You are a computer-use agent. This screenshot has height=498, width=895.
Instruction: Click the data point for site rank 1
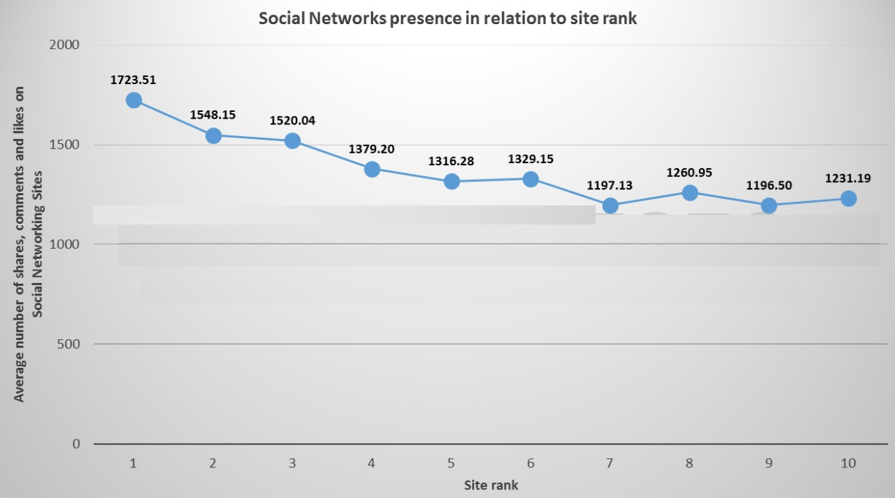coord(133,100)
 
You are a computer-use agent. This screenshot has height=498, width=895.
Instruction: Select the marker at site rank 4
coord(372,169)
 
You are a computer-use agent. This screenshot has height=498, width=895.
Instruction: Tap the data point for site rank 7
coord(610,205)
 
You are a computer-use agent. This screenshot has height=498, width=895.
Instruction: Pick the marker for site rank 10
coord(848,198)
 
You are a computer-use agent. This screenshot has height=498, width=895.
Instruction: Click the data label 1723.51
coord(133,80)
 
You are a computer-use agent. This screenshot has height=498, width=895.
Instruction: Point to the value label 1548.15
coord(213,115)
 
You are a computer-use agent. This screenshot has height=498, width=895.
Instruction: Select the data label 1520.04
coord(292,121)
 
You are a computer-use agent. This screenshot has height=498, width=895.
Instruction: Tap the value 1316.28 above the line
coord(452,161)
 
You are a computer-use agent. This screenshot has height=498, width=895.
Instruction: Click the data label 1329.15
coord(531,159)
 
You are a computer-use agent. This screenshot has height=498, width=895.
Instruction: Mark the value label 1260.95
coord(689,173)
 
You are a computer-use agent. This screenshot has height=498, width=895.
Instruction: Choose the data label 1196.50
coord(768,185)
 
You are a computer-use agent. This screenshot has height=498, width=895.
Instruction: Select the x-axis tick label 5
coord(452,463)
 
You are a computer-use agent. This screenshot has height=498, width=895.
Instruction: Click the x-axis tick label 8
coord(689,463)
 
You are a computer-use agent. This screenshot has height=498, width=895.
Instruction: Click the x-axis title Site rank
coord(490,485)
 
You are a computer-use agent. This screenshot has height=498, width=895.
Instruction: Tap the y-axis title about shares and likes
coord(29,245)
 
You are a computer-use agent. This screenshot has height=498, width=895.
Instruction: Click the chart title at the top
coord(448,19)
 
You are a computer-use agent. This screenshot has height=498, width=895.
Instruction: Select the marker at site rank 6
coord(531,179)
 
